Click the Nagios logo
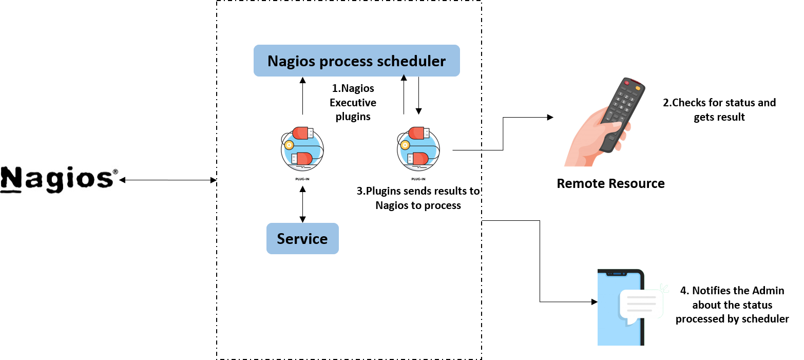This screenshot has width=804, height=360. [x=59, y=179]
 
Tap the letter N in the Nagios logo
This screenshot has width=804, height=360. [x=11, y=180]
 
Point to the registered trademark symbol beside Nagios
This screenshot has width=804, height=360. [x=115, y=172]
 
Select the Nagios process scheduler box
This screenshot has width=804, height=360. [x=356, y=61]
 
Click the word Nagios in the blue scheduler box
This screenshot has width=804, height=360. [x=291, y=61]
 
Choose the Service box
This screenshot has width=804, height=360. [x=302, y=238]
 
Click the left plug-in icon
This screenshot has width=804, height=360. [x=302, y=148]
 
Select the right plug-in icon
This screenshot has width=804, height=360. [x=418, y=148]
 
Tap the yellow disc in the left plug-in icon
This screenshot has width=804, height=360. [x=289, y=145]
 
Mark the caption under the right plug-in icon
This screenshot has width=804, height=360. [x=418, y=179]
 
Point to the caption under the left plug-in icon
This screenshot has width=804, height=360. [x=302, y=179]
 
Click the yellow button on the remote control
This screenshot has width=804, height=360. [x=638, y=88]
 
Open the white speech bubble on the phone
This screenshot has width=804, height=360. [x=641, y=304]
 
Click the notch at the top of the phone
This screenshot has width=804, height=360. [x=617, y=274]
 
